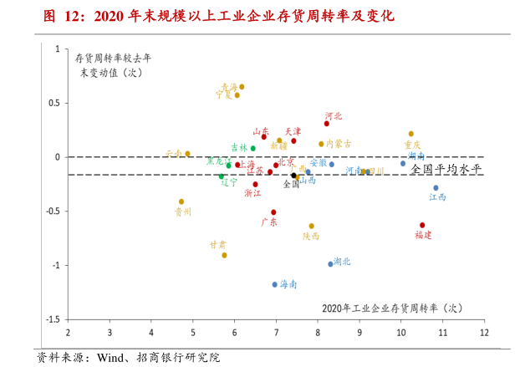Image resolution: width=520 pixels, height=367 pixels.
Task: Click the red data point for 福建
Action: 422,225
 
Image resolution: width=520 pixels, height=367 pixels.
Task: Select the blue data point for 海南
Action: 274,284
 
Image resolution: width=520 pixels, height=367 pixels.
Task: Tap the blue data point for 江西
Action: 436,188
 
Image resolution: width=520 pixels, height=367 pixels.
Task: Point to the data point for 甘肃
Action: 224,255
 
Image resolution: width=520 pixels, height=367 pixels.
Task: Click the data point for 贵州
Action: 181,201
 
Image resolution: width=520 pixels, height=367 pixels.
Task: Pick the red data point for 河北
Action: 327,124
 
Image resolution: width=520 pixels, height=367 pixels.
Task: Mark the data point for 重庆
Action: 411,134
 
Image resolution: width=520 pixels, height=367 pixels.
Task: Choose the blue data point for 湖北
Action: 330,264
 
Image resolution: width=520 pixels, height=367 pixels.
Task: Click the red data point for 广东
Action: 273,212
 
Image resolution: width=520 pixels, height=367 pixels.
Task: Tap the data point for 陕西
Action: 312,226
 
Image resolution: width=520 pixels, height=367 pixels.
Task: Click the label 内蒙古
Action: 339,144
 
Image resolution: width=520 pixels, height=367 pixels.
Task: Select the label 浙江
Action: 252,193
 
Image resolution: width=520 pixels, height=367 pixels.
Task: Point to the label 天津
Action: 293,131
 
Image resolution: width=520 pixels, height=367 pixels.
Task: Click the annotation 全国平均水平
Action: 446,169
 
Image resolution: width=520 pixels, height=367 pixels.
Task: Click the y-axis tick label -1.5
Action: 52,319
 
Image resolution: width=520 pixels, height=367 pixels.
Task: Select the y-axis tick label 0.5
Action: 54,103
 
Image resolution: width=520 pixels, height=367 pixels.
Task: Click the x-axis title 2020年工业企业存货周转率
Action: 391,308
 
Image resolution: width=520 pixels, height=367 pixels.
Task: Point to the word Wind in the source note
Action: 111,358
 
